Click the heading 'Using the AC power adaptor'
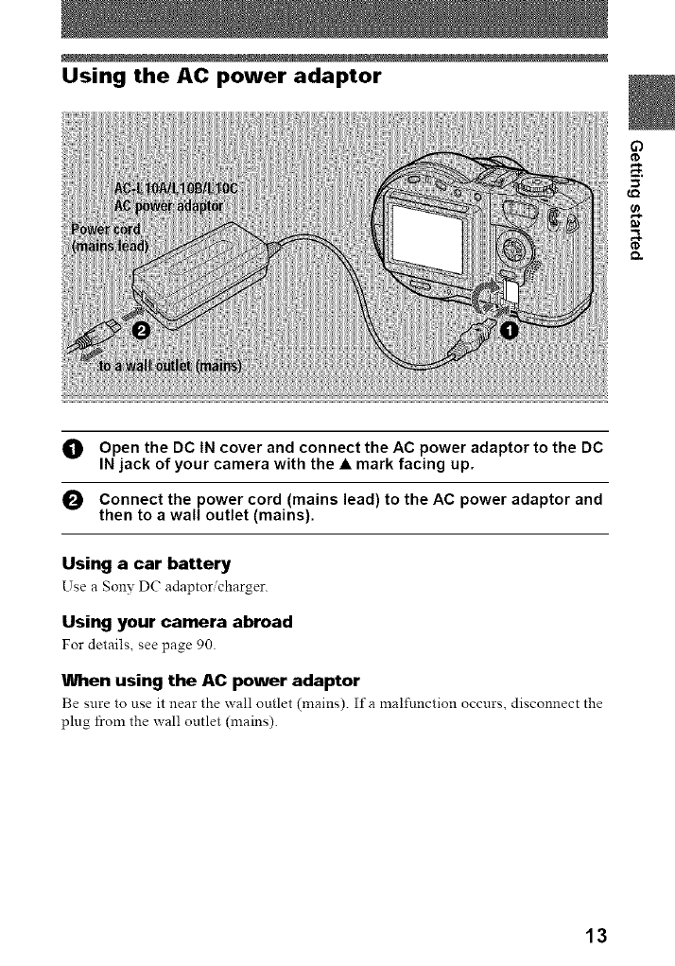pyautogui.click(x=220, y=74)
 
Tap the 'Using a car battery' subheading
pyautogui.click(x=146, y=564)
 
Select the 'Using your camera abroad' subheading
pyautogui.click(x=177, y=622)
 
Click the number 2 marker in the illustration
pyautogui.click(x=142, y=330)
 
